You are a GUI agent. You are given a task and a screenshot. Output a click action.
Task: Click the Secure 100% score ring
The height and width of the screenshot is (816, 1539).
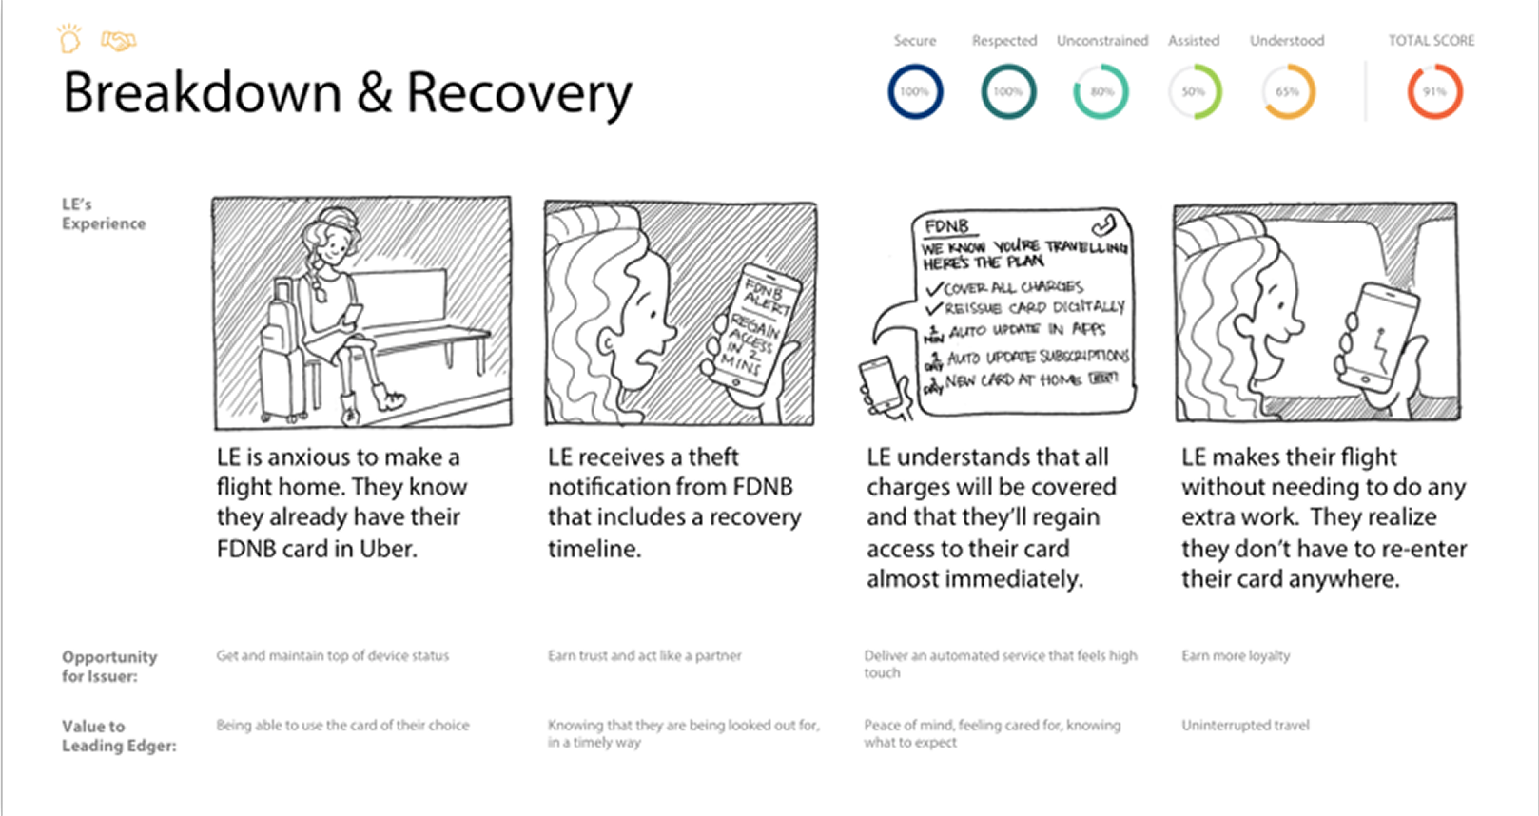point(915,92)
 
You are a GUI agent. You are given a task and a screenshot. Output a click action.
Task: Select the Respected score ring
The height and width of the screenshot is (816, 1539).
point(1008,92)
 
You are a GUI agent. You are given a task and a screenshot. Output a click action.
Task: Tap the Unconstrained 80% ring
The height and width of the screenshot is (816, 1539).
point(1101,92)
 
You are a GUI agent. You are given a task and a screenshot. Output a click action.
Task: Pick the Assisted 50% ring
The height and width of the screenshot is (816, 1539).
point(1194,92)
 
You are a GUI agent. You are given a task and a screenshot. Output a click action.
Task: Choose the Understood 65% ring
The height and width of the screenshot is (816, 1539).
point(1288,92)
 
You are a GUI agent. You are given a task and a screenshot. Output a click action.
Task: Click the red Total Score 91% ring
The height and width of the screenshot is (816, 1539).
point(1434,92)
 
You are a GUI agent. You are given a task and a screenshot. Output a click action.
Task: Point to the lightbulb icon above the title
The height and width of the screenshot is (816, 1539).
point(69,40)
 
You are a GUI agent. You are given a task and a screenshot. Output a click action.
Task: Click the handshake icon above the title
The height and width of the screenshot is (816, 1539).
point(119,41)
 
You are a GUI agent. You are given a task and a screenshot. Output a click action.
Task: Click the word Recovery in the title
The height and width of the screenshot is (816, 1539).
point(518,93)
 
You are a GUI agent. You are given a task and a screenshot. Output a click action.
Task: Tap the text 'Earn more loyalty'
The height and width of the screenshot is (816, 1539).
point(1236,655)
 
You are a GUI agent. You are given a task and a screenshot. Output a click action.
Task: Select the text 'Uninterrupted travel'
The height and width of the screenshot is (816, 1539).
point(1245,725)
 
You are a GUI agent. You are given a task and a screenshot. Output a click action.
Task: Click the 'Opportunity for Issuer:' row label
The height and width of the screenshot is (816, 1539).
point(108,666)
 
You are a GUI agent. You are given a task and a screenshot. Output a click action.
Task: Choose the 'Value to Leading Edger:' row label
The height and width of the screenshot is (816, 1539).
point(118,735)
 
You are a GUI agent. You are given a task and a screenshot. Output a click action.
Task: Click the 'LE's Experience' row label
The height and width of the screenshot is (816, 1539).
point(103,214)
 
